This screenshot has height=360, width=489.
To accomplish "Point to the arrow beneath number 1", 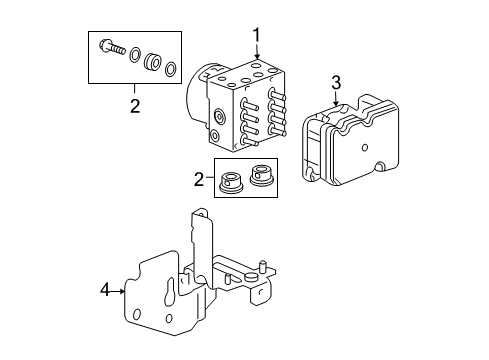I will click(256, 57).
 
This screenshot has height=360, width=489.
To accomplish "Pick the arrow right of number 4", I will click(119, 292).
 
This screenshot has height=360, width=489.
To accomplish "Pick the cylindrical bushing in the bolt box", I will click(153, 62).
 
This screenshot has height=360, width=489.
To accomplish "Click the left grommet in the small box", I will click(233, 180).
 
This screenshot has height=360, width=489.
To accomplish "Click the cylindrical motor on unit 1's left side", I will click(194, 96).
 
